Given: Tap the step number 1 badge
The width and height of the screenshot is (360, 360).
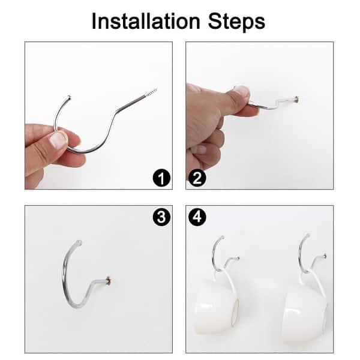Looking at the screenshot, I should (x=160, y=178).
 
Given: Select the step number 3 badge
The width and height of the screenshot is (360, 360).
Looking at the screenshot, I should (x=160, y=217).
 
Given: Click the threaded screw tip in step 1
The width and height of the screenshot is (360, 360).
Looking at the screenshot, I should (x=150, y=93).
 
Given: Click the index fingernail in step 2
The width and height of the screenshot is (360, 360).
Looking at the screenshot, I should (x=241, y=91).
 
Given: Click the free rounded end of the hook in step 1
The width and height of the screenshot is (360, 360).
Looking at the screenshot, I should (x=70, y=97).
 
